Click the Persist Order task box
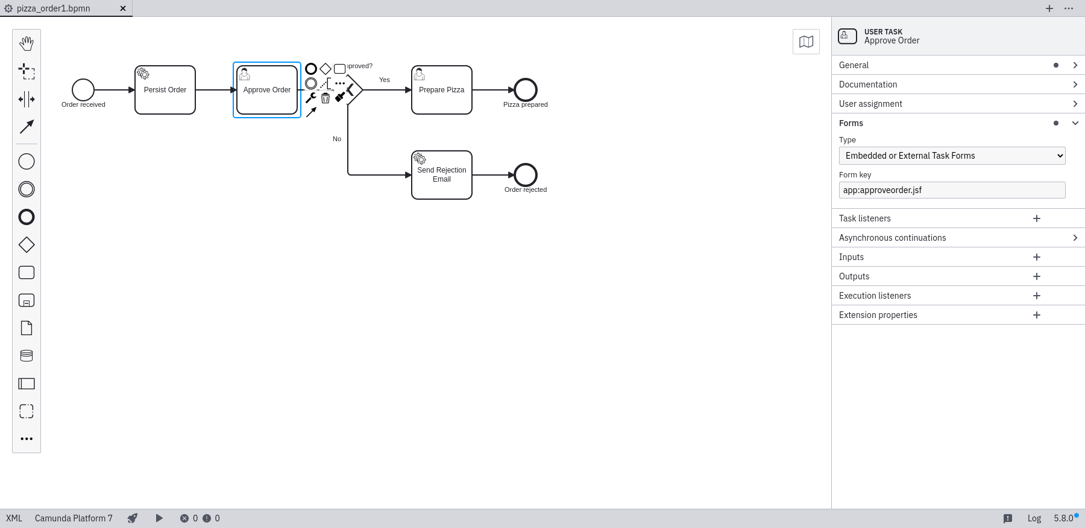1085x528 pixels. (x=165, y=90)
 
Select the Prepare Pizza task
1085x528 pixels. (x=442, y=90)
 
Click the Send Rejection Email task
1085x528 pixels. (x=442, y=175)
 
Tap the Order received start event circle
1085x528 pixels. (x=83, y=90)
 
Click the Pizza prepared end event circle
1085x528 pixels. (x=526, y=90)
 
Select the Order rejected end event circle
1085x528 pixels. (x=526, y=175)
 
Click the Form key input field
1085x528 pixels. (x=952, y=190)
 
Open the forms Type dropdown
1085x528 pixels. (x=952, y=156)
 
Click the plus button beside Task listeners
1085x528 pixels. (x=1037, y=218)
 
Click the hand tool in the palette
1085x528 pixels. (x=27, y=43)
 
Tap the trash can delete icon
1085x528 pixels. (x=325, y=98)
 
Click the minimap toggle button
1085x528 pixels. (x=806, y=42)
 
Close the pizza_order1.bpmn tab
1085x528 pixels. (x=123, y=8)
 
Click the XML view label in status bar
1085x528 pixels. (x=14, y=518)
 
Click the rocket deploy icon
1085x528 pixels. (x=133, y=518)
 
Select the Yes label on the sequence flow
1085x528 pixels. (x=385, y=80)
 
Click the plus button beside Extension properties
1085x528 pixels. (x=1037, y=315)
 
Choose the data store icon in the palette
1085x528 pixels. (x=27, y=356)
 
